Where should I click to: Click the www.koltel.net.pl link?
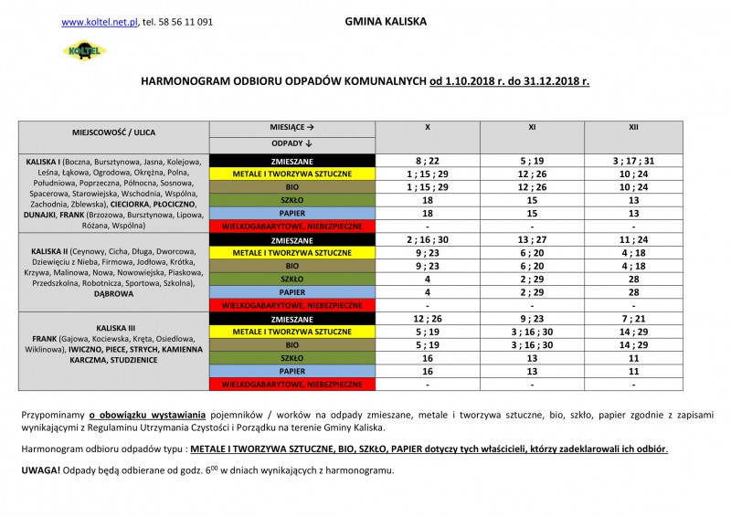[99, 21]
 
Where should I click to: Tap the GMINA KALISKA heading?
[386, 20]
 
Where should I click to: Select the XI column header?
[532, 128]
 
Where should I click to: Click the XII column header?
[633, 128]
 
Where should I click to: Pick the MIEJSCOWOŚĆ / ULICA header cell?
[114, 136]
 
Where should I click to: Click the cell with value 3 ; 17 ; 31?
[633, 161]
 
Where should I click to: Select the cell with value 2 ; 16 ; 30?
[429, 238]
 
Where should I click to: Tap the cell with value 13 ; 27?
[532, 238]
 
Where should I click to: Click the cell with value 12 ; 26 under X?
[429, 317]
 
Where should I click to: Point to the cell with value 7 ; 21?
[633, 317]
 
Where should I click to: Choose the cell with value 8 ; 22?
[429, 161]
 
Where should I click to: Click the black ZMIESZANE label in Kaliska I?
[292, 161]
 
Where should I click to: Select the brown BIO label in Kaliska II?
[292, 265]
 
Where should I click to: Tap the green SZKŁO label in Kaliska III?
[292, 360]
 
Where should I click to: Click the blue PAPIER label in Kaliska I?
[292, 213]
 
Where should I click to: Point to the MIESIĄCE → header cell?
[292, 128]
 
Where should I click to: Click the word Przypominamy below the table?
[53, 416]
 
